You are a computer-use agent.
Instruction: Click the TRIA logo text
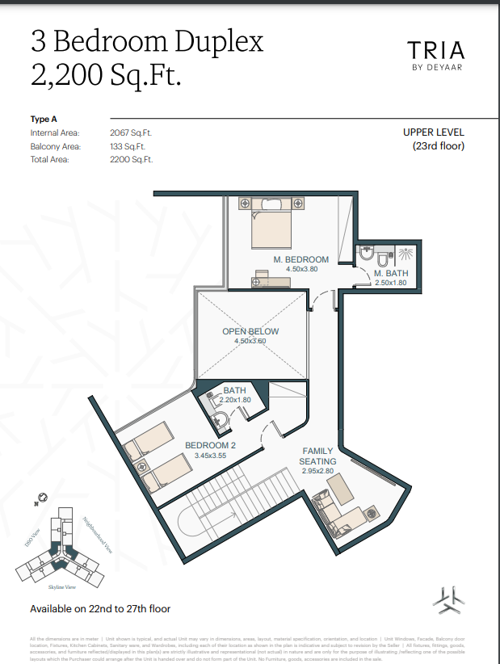[x=435, y=50]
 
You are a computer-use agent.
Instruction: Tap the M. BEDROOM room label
[x=301, y=259]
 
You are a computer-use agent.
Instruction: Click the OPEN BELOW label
[x=250, y=331]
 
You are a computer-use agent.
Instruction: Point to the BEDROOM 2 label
[x=210, y=445]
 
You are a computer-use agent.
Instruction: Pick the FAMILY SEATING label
[x=318, y=456]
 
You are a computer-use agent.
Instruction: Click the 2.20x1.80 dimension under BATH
[x=235, y=400]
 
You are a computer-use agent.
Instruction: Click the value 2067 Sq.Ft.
[x=131, y=132]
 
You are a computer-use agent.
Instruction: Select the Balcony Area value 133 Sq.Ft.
[x=128, y=146]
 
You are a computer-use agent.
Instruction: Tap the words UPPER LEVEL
[x=434, y=132]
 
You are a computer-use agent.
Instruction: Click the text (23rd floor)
[x=439, y=146]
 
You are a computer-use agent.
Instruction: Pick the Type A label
[x=44, y=120]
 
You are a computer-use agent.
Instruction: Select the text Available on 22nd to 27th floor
[x=100, y=608]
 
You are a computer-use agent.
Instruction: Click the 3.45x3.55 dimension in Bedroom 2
[x=210, y=456]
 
